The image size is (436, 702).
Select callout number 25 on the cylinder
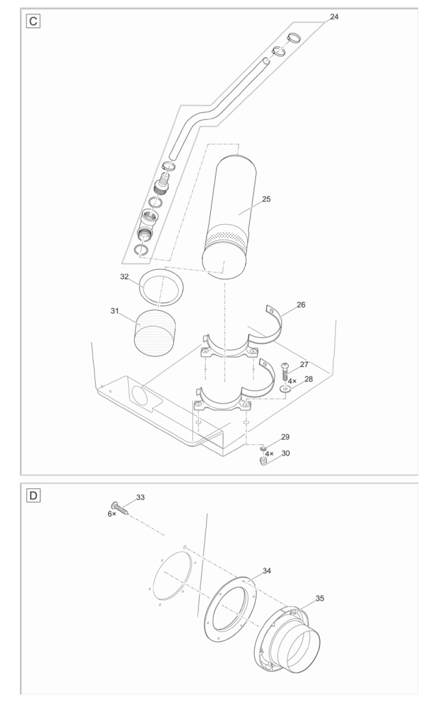(266, 199)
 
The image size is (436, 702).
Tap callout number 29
(285, 436)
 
